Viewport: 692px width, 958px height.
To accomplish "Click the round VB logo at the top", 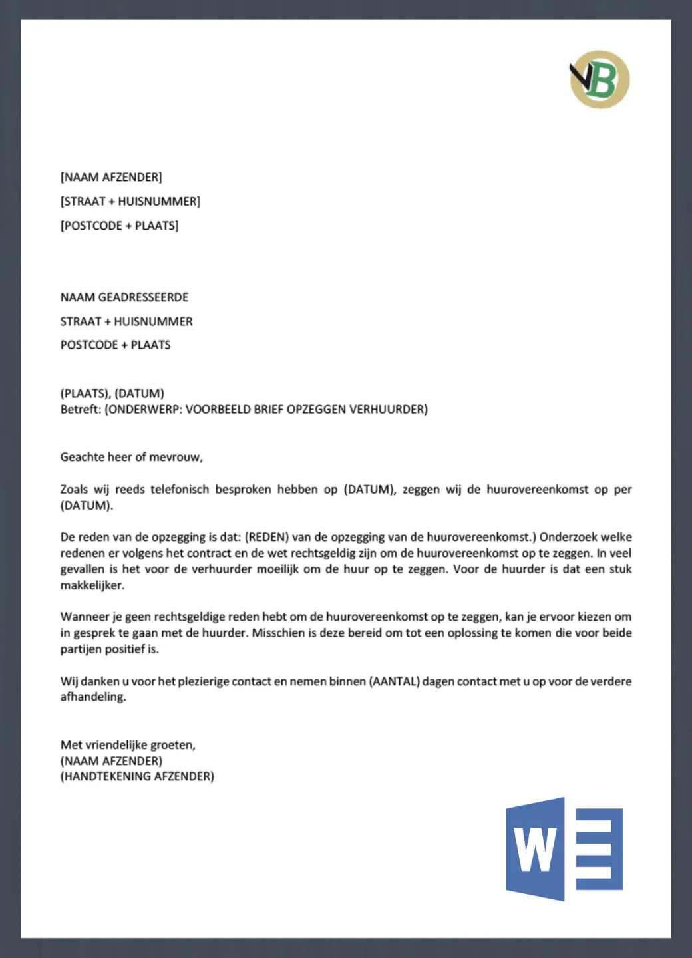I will [600, 79].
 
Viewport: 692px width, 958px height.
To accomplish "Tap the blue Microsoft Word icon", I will [564, 849].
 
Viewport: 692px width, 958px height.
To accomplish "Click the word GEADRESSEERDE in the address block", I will [143, 297].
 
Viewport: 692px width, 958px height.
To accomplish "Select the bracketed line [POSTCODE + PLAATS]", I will [120, 226].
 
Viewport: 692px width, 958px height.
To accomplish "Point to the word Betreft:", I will [81, 409].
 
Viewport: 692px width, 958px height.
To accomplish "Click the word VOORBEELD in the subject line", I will [218, 409].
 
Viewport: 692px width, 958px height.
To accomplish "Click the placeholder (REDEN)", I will [267, 537].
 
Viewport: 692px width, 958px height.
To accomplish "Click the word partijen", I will [81, 649].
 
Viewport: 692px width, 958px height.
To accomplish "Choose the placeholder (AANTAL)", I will [395, 681].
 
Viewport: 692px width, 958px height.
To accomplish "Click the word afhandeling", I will [93, 697].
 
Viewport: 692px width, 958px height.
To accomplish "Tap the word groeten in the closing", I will [172, 745].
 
